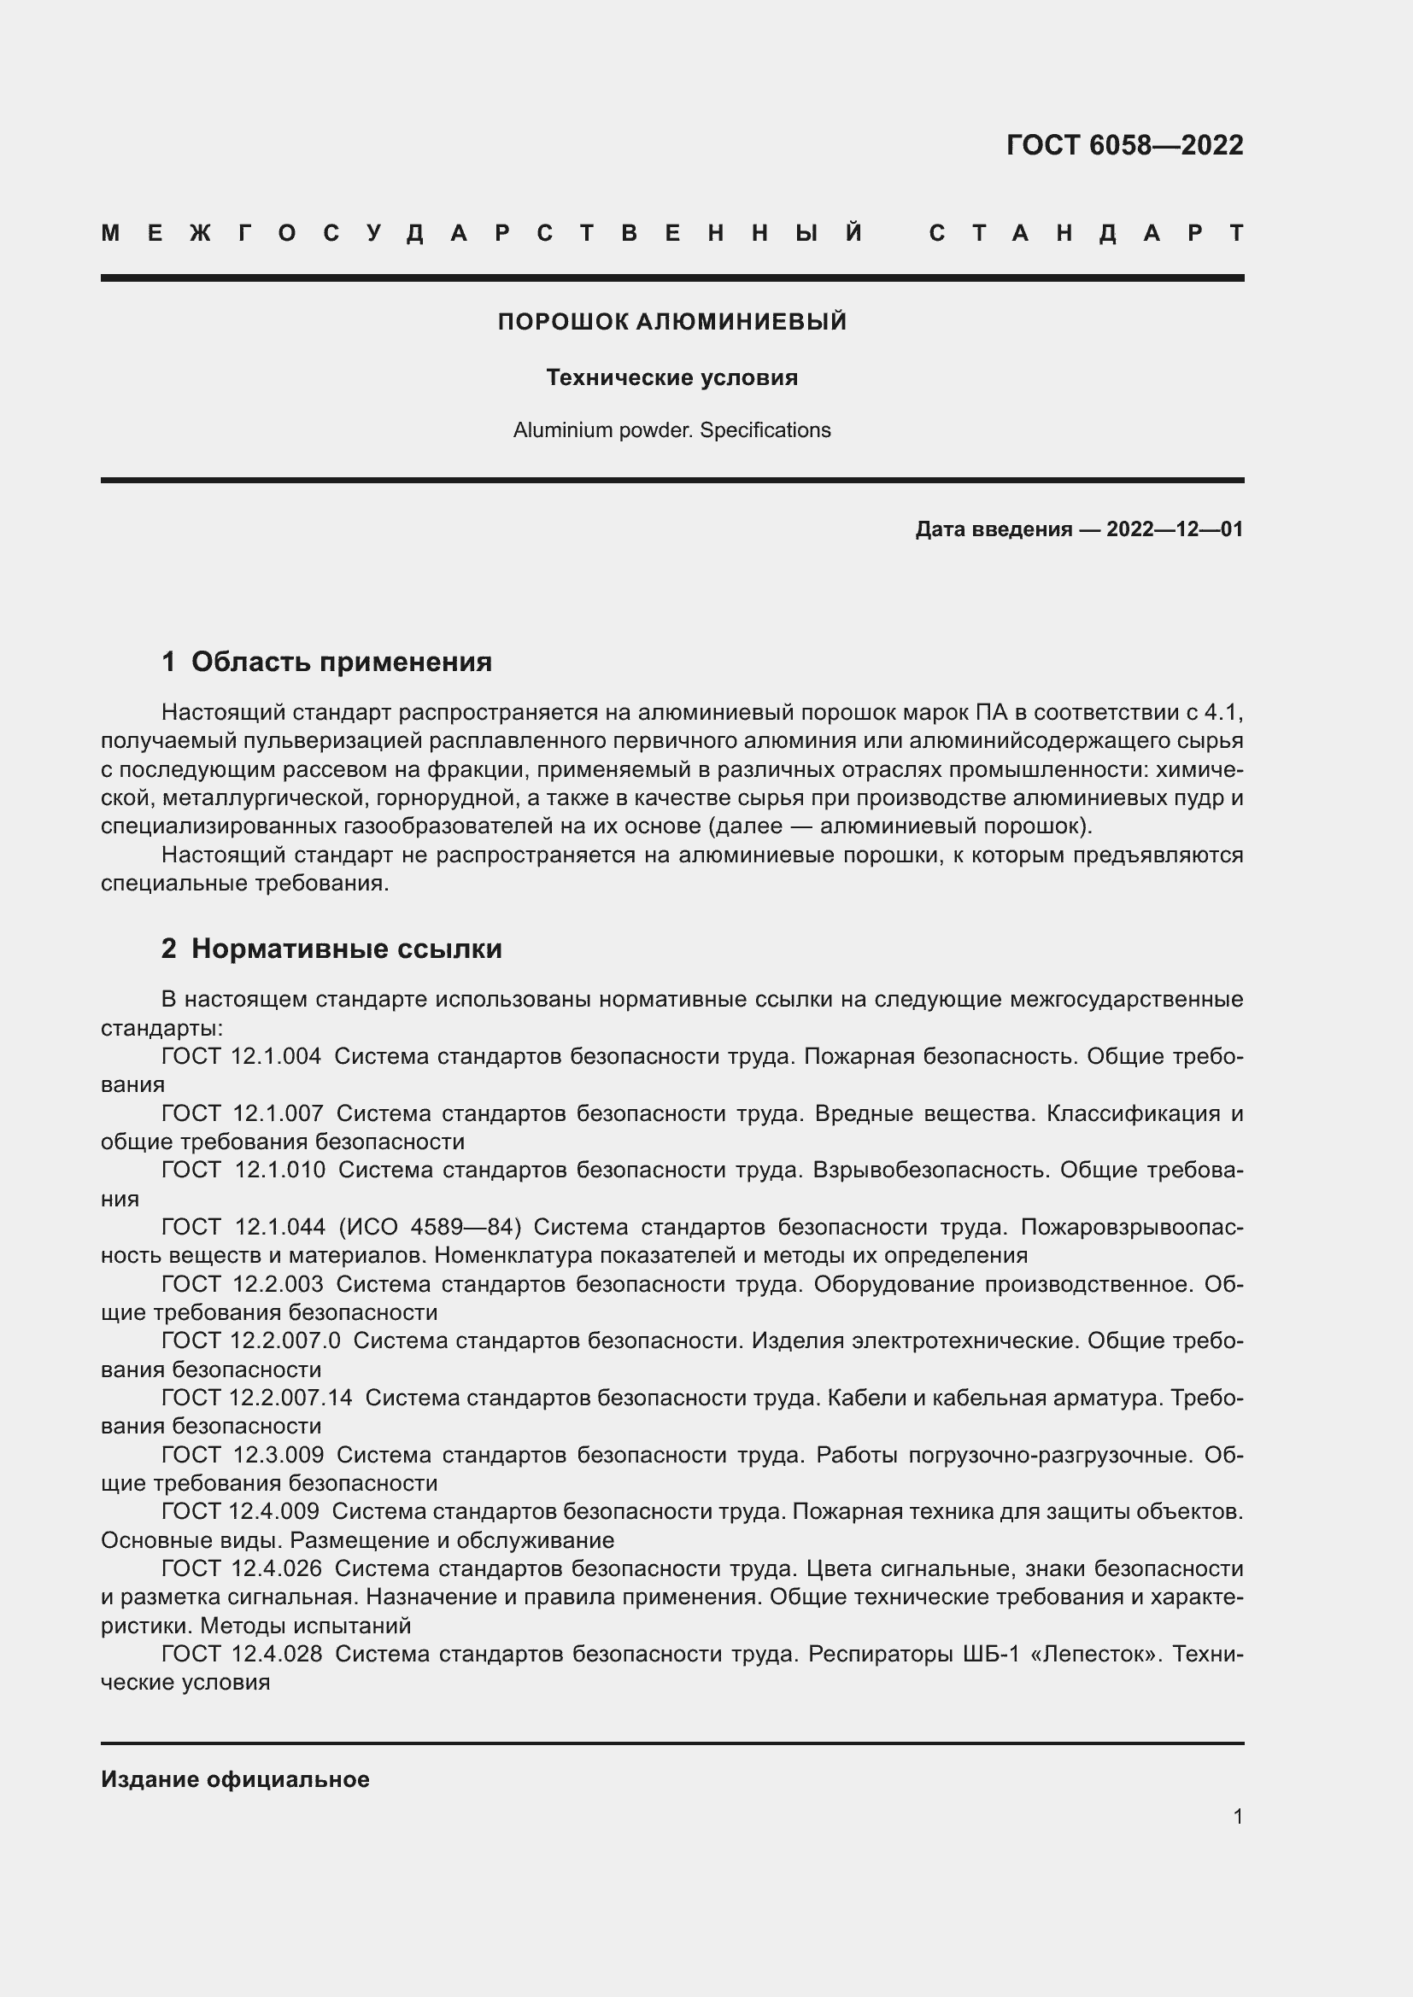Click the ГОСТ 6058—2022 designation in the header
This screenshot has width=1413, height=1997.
click(x=1124, y=144)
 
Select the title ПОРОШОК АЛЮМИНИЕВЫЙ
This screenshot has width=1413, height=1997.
click(x=671, y=322)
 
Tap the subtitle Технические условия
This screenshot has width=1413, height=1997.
click(x=671, y=377)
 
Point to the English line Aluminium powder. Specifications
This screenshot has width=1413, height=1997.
click(x=671, y=430)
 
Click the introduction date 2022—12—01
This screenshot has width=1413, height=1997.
click(x=1174, y=528)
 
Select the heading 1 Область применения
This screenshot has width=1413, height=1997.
click(x=326, y=662)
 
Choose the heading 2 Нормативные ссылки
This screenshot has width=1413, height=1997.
click(x=331, y=948)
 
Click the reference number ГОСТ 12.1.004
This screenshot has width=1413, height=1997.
click(x=241, y=1057)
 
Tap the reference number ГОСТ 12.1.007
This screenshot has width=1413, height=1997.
click(x=242, y=1113)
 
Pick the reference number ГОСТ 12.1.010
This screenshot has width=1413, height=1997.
click(x=243, y=1170)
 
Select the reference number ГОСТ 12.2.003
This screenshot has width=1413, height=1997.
click(x=242, y=1284)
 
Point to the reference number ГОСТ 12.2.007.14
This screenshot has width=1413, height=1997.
click(x=256, y=1398)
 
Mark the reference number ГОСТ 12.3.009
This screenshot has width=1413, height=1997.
click(x=242, y=1454)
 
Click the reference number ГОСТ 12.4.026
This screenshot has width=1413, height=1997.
click(x=241, y=1568)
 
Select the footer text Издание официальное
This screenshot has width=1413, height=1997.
click(x=235, y=1779)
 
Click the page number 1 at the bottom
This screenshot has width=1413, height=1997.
click(x=1237, y=1816)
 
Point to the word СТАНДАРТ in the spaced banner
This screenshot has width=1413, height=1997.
click(x=1087, y=233)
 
